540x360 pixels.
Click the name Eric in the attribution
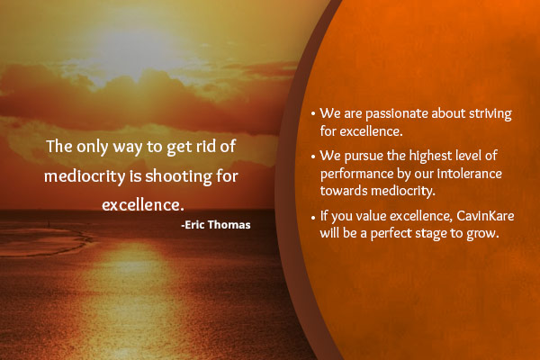click(x=194, y=225)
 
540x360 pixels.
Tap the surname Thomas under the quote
click(x=229, y=225)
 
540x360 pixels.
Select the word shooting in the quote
click(x=178, y=176)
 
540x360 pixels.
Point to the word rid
click(x=206, y=146)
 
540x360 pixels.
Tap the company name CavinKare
click(x=485, y=216)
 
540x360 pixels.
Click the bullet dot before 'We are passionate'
click(x=313, y=113)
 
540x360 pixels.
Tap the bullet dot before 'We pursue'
click(x=313, y=157)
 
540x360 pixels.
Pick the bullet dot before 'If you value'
click(x=313, y=218)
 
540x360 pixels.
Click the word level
click(x=468, y=156)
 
